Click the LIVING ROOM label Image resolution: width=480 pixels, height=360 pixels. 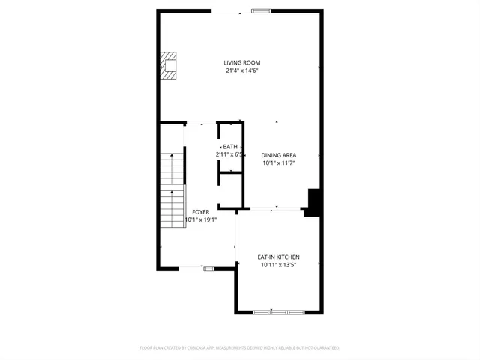(x=241, y=62)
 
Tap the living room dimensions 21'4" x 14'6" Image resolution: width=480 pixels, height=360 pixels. (x=241, y=70)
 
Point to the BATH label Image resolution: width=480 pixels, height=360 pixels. (x=229, y=146)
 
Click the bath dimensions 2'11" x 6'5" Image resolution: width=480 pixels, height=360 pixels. (x=229, y=154)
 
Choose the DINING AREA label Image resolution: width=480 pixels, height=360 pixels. (x=278, y=155)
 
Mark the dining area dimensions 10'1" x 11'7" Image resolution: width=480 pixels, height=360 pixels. (x=278, y=163)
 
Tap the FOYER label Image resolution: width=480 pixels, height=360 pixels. (x=200, y=212)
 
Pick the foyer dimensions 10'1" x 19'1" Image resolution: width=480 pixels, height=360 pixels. (x=200, y=220)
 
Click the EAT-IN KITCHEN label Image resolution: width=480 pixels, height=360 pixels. (x=278, y=256)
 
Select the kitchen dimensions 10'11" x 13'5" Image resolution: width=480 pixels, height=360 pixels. (x=278, y=264)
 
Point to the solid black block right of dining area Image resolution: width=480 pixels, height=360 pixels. (x=313, y=202)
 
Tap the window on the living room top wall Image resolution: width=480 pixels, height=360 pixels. (x=261, y=10)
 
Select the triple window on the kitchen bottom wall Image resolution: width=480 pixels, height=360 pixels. (x=279, y=311)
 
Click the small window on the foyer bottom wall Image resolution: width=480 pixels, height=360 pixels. (x=208, y=268)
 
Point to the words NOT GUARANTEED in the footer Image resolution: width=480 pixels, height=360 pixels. (x=321, y=348)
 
